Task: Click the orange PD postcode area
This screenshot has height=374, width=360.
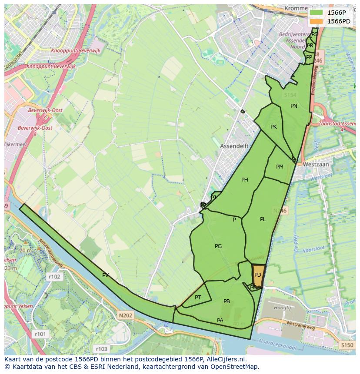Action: tap(258, 275)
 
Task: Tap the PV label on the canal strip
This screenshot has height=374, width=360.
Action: tap(106, 275)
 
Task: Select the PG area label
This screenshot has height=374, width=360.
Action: tap(218, 246)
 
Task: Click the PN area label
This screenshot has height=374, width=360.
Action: tap(294, 106)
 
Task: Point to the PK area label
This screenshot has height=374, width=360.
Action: tap(273, 127)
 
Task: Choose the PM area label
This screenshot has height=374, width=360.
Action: tap(280, 167)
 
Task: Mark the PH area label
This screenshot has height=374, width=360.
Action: tap(245, 180)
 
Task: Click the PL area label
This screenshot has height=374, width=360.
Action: tap(263, 219)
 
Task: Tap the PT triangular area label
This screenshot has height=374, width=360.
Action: tap(198, 298)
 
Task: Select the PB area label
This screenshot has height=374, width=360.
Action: tap(227, 301)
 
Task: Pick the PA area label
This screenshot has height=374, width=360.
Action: tap(220, 321)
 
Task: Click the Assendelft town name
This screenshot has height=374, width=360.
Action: tap(234, 146)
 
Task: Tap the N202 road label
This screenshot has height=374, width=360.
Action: tap(125, 316)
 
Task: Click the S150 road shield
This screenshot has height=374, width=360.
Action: tap(347, 345)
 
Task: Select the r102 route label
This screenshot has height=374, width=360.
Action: tap(54, 276)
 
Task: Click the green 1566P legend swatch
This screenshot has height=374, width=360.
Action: tap(316, 13)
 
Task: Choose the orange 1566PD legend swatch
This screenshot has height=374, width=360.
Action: tap(316, 21)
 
